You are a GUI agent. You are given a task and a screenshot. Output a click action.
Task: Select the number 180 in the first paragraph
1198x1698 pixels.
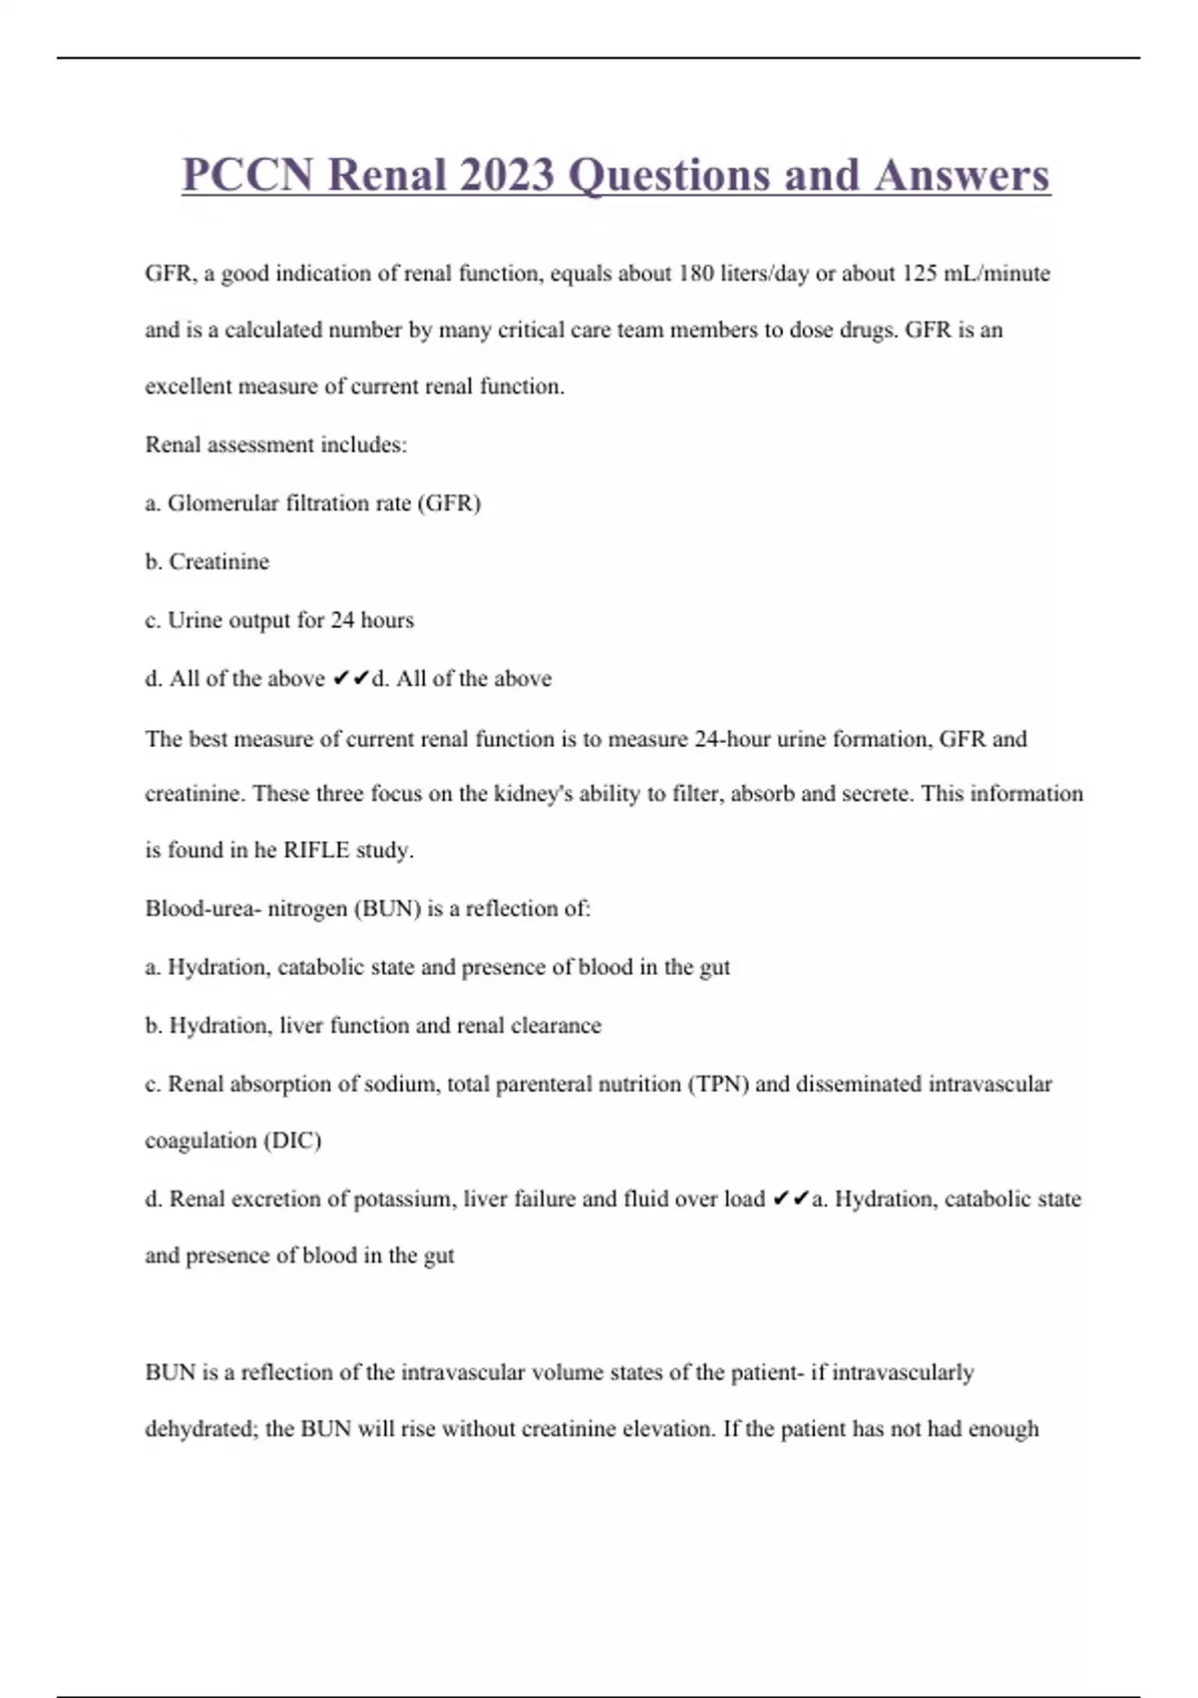tap(696, 273)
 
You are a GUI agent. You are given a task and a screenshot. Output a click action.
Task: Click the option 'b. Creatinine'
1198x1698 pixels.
tap(208, 561)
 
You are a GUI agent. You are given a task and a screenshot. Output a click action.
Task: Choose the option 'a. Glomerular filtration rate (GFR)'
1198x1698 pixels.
tap(313, 503)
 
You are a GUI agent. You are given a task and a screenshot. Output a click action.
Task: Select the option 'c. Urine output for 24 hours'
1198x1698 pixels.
tap(280, 620)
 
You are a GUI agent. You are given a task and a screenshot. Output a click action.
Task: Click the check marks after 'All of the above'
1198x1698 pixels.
tap(350, 679)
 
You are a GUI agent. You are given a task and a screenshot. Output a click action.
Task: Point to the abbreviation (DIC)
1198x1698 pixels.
tap(292, 1141)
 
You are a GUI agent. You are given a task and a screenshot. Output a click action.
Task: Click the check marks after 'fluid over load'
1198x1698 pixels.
tap(791, 1199)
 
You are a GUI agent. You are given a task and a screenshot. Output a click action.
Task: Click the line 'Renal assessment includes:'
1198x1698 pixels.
tap(277, 444)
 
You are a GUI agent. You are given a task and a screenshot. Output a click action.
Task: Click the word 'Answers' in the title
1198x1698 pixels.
tap(962, 175)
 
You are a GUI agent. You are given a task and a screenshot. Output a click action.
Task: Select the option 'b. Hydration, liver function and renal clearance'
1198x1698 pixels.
tap(373, 1026)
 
